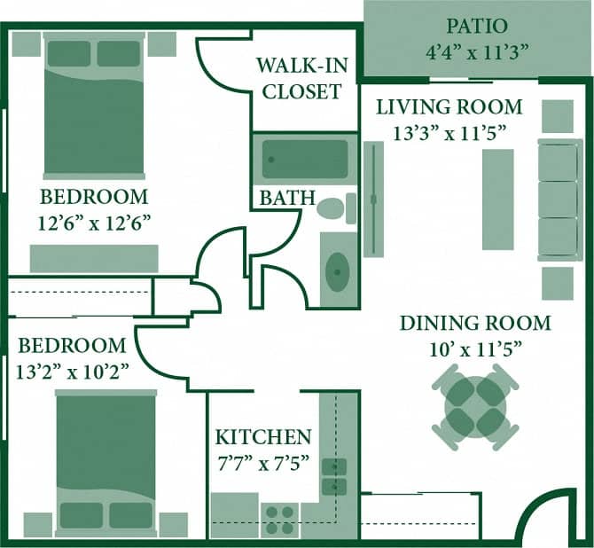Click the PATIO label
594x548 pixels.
coord(478,25)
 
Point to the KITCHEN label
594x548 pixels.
coord(263,437)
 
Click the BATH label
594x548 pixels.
coord(287,197)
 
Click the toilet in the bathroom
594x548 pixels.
coord(334,210)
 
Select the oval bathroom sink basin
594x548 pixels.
coord(337,270)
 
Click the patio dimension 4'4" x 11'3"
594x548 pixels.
coord(478,51)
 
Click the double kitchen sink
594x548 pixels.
coord(334,476)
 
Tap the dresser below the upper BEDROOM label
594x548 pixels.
coord(94,258)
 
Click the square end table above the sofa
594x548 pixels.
coord(558,115)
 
